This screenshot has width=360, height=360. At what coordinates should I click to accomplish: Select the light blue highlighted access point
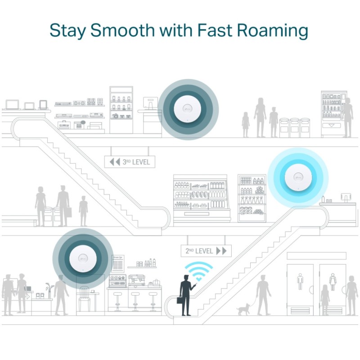point(298,177)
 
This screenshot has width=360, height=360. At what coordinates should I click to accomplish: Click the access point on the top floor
point(188,109)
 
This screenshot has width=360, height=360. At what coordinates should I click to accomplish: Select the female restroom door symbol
point(333,281)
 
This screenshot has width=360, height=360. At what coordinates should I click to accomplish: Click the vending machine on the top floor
point(333,114)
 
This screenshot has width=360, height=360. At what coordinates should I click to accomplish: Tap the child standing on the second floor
point(83,211)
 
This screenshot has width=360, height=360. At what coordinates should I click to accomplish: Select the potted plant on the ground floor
point(48,290)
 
